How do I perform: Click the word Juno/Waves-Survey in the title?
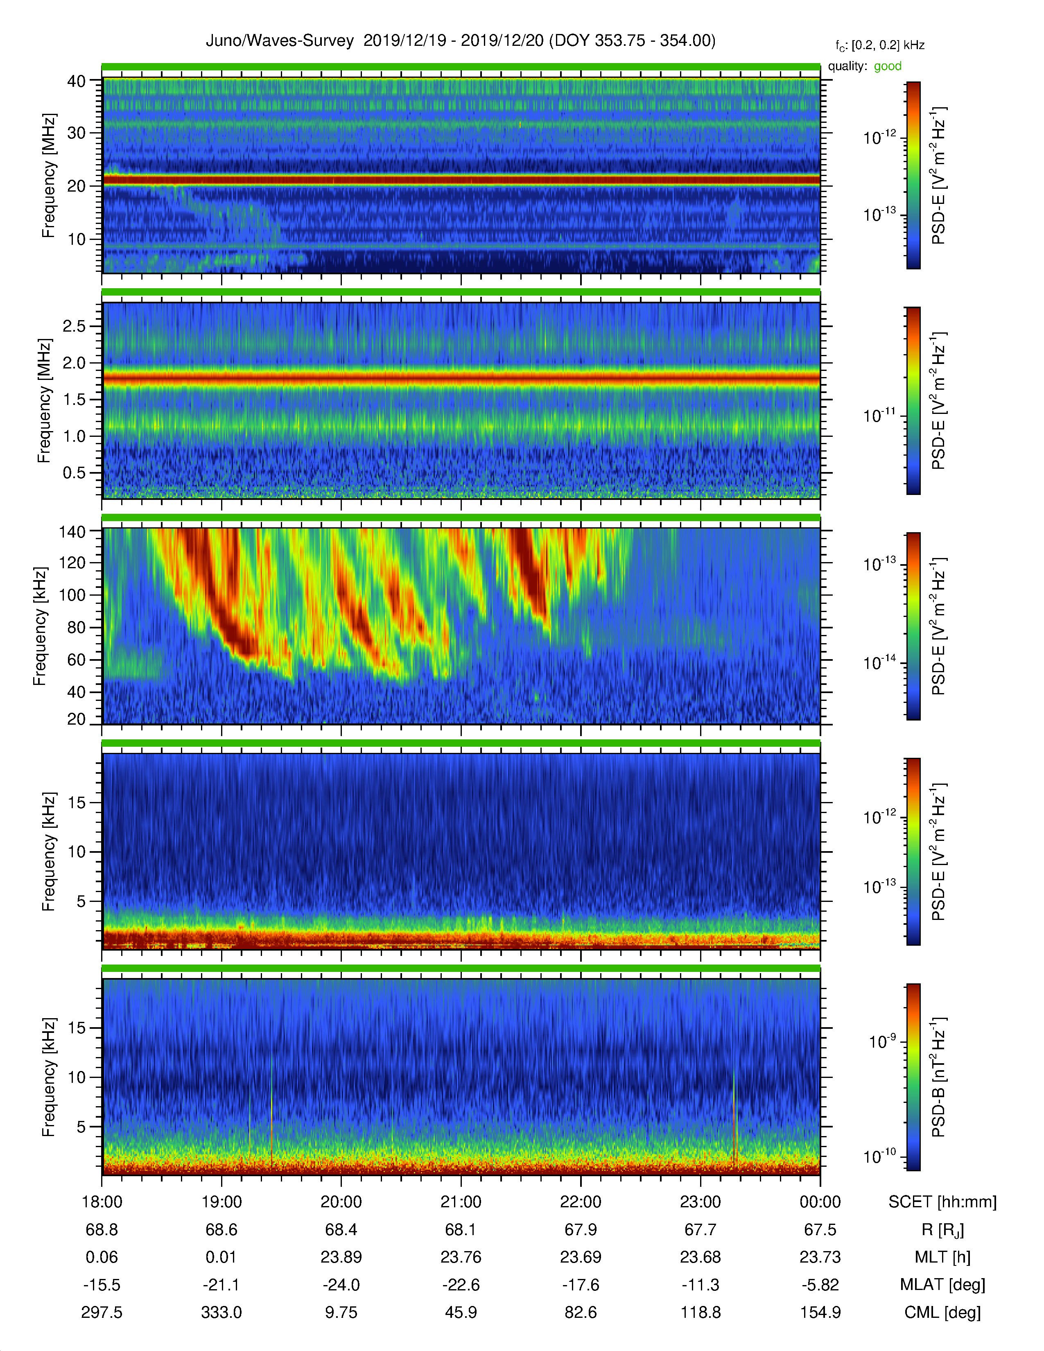tap(280, 41)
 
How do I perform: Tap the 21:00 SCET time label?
tap(461, 1202)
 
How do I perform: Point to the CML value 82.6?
tap(581, 1312)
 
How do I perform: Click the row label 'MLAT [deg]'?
tap(942, 1285)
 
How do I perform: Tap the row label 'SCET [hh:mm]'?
tap(942, 1202)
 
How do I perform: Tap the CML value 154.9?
tap(820, 1312)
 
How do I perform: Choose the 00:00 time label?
tap(820, 1202)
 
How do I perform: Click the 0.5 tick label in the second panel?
tap(74, 472)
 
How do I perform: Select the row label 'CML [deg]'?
tap(942, 1312)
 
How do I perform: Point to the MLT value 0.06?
tap(102, 1257)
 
